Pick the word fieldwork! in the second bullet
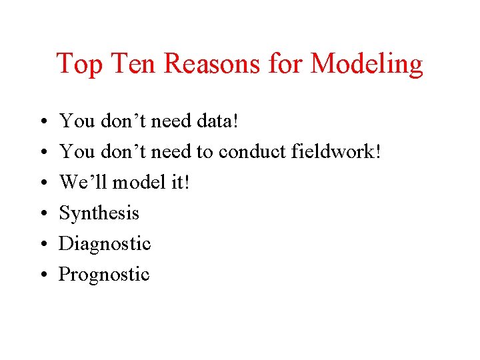[x=337, y=151]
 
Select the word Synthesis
[x=99, y=213]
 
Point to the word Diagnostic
[x=105, y=244]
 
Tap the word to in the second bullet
[x=203, y=152]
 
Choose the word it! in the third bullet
[x=180, y=182]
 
